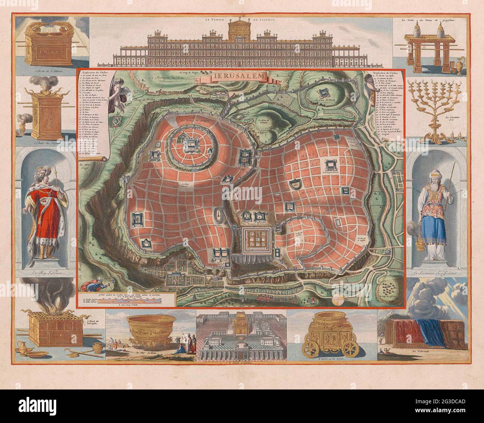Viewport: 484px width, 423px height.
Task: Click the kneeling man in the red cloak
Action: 92,287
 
